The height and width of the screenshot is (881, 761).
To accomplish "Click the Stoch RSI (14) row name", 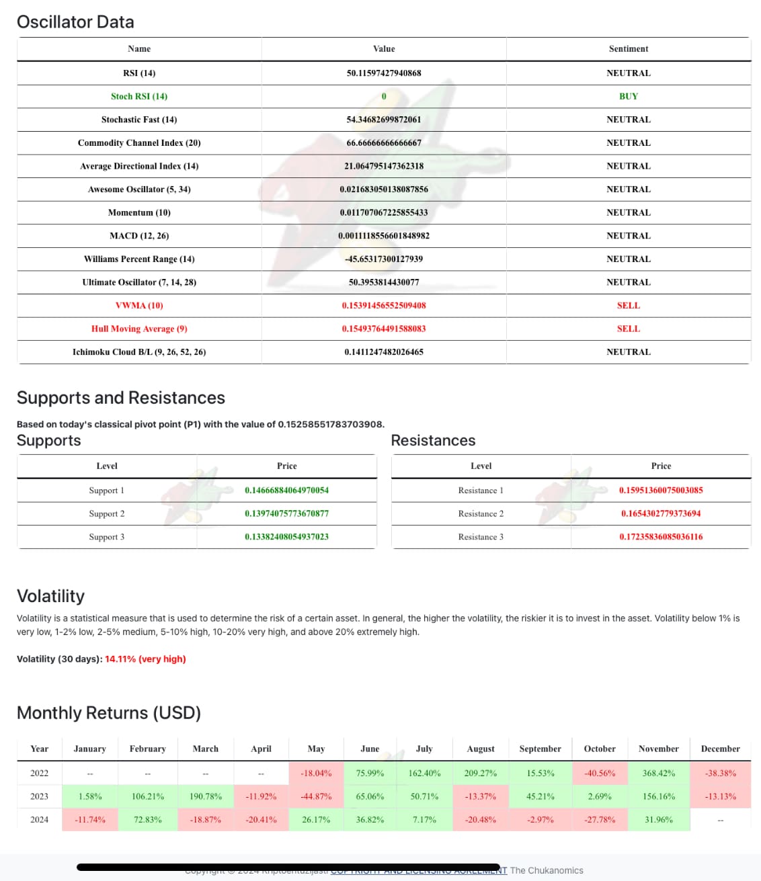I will click(139, 96).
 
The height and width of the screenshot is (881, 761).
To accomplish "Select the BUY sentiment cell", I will click(629, 96).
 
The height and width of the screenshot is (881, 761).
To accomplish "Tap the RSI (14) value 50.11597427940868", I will click(384, 73).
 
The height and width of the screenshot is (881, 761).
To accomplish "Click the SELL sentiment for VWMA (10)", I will click(629, 305).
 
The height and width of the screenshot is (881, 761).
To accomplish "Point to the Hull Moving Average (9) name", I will click(139, 329).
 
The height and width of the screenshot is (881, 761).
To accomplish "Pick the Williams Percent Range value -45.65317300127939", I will click(384, 259).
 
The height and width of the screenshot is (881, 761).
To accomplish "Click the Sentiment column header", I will click(629, 48).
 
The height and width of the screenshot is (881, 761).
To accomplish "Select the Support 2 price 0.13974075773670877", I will click(286, 513).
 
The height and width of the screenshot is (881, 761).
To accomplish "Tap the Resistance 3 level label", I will click(481, 537).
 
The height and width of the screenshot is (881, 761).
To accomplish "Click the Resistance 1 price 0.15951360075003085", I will click(661, 490).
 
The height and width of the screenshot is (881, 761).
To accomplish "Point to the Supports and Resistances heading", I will click(121, 398).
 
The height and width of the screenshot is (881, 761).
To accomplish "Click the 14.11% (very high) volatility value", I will click(145, 659).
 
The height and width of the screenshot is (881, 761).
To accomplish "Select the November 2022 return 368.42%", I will click(658, 773).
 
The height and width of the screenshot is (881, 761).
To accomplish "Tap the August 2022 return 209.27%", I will click(481, 773).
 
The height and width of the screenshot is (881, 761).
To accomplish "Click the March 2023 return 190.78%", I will click(206, 796).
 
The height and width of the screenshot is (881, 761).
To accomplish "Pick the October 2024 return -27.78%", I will click(600, 819).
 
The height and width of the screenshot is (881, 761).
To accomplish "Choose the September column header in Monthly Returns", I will click(540, 749).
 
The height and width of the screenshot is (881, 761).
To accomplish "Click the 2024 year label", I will click(40, 819).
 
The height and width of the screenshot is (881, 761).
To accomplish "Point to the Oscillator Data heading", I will click(75, 22).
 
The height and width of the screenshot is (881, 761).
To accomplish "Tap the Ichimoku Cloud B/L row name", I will click(139, 351).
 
